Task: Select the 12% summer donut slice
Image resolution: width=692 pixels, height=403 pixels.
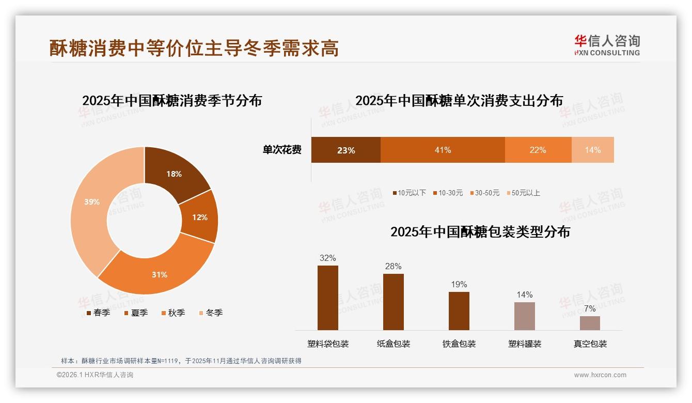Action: [200, 218]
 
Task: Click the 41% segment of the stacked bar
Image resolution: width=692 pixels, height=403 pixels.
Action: [443, 150]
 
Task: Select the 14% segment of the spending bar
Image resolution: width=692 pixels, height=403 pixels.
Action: [592, 150]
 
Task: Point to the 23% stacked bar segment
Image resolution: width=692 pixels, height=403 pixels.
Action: [345, 150]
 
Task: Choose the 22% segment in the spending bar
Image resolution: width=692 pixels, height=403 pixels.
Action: [538, 150]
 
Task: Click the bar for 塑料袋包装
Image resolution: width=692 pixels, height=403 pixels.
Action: [327, 298]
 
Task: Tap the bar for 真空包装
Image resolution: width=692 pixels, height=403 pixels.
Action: [590, 323]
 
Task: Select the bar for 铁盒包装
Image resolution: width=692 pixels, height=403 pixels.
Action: [459, 311]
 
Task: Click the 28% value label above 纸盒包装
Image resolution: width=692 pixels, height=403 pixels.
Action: [393, 267]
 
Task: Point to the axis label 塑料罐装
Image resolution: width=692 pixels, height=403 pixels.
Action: [525, 344]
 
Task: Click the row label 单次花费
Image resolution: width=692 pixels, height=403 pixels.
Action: [282, 150]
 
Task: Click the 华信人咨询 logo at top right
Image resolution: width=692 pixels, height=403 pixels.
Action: [607, 45]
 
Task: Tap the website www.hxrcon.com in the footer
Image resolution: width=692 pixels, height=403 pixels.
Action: [600, 375]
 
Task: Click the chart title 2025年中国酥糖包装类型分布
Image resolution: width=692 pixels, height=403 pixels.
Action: [480, 232]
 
